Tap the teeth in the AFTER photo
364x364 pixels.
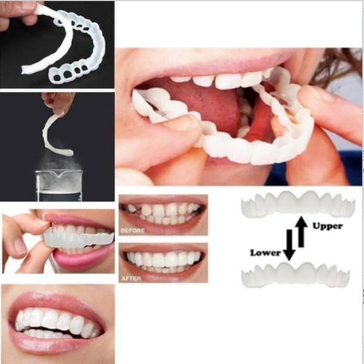click(x=163, y=259)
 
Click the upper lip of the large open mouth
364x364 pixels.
click(x=200, y=61)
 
